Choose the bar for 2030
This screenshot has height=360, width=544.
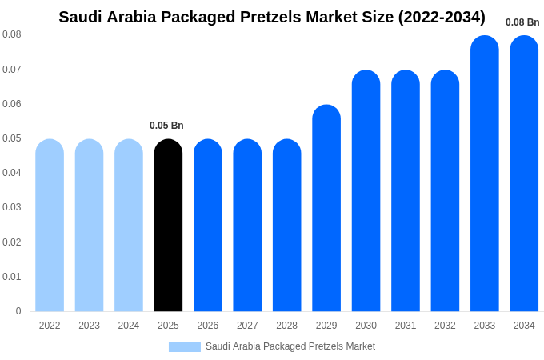coord(366,191)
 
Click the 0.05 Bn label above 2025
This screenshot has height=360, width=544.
coord(166,126)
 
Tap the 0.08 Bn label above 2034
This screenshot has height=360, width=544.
coord(522,22)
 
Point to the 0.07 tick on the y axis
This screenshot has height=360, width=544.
coord(12,70)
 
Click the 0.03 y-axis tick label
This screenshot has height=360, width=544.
coord(12,207)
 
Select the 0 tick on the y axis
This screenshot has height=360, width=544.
coord(18,311)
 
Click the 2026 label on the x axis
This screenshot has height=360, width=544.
coord(208,326)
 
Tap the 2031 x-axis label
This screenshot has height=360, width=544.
coord(406,326)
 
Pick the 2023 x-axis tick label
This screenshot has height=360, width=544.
coord(89,326)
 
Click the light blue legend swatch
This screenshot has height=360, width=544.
coord(184,347)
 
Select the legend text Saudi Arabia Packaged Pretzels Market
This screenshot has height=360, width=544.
coord(290,346)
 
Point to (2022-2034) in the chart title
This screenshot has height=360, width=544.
coord(441,17)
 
